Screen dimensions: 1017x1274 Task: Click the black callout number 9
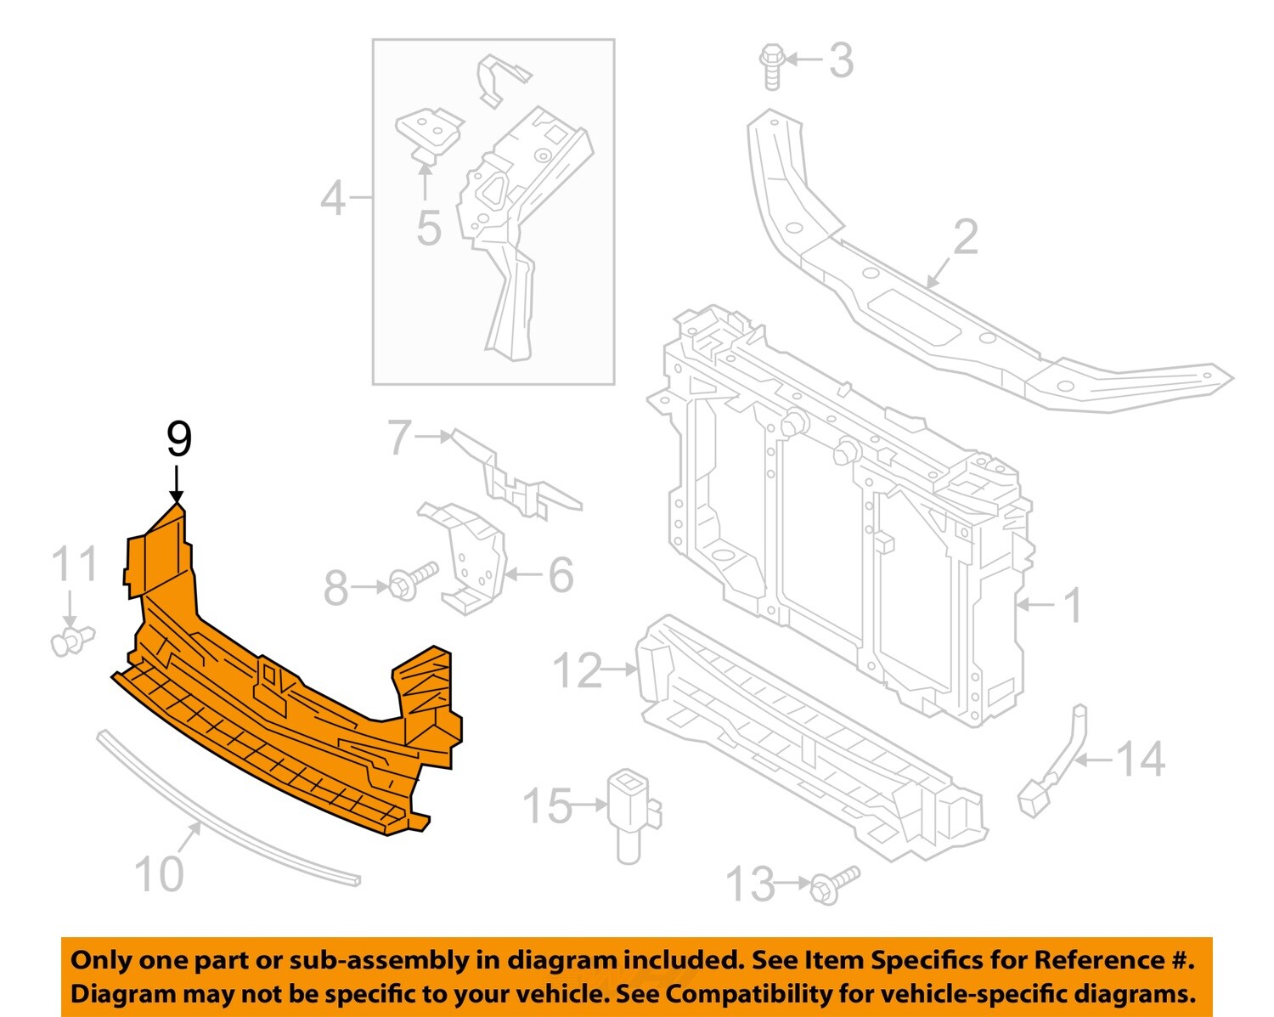(178, 439)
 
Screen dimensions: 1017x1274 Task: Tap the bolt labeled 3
(771, 65)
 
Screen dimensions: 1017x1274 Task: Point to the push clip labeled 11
(70, 640)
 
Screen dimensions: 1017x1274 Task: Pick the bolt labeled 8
(411, 580)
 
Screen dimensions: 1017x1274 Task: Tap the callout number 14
(1140, 759)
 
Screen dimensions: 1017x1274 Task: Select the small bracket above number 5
(429, 130)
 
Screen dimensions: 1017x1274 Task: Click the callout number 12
(578, 670)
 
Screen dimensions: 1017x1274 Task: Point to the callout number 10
(159, 873)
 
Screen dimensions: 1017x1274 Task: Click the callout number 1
(1074, 605)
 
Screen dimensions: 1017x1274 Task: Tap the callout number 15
(548, 805)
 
